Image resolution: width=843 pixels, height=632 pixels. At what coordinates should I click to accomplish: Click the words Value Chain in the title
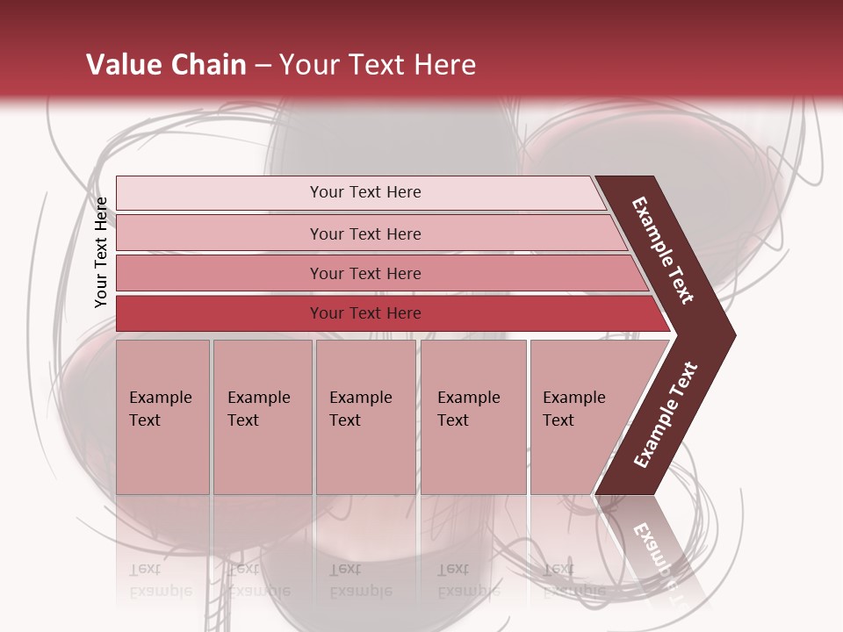pyautogui.click(x=166, y=65)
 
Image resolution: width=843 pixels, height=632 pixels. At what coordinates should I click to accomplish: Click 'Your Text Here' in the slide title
pyautogui.click(x=378, y=65)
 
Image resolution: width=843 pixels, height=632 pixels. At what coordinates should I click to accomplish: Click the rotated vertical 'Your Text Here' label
pyautogui.click(x=101, y=252)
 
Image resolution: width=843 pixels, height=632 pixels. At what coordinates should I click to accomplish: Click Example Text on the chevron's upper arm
pyautogui.click(x=662, y=250)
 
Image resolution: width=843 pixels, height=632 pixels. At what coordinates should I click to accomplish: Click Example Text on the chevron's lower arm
pyautogui.click(x=666, y=415)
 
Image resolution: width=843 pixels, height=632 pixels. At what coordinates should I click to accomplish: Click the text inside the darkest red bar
pyautogui.click(x=365, y=313)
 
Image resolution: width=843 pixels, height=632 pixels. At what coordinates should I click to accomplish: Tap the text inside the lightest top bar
pyautogui.click(x=365, y=192)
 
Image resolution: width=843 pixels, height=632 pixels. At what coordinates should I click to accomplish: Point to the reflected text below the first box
pyautogui.click(x=160, y=579)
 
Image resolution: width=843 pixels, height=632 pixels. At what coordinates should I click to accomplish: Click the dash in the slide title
pyautogui.click(x=263, y=66)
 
